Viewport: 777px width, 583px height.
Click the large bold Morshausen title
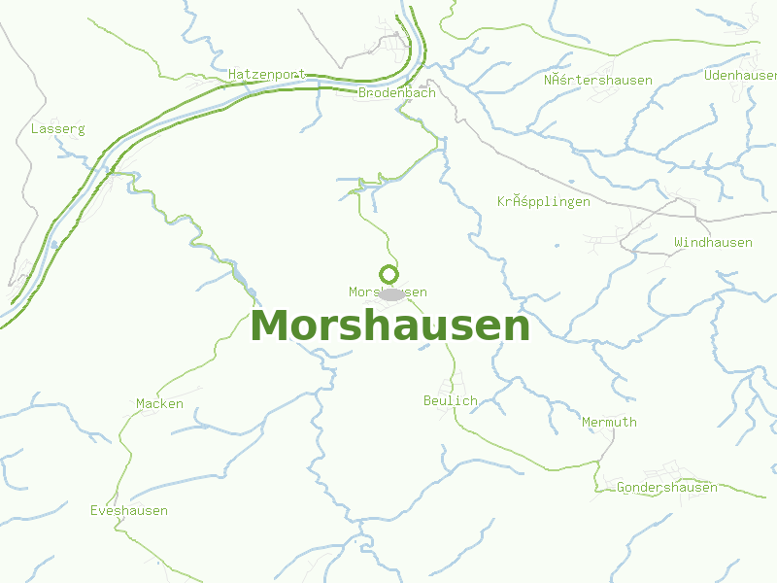tap(389, 326)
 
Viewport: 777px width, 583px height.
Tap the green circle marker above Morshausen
tap(388, 274)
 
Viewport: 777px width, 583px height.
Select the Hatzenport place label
tap(266, 74)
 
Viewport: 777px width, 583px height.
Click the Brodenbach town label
tap(396, 93)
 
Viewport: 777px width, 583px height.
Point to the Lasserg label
tap(58, 128)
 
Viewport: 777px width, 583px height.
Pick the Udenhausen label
tap(741, 75)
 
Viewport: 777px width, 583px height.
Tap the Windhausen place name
tap(713, 242)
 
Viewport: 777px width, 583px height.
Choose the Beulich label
tap(451, 400)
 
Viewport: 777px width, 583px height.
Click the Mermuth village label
tap(609, 422)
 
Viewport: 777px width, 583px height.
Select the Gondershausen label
tap(667, 487)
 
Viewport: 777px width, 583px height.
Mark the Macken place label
tap(159, 403)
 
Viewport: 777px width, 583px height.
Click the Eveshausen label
tap(129, 510)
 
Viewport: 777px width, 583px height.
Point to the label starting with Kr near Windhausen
tap(544, 202)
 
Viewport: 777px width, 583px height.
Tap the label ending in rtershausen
tap(598, 80)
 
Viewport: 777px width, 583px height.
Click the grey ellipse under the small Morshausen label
tap(391, 294)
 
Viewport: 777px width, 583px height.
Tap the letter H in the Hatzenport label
tap(233, 74)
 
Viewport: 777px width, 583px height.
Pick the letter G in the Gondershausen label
tap(622, 487)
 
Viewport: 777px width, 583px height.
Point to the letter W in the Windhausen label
tap(679, 242)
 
